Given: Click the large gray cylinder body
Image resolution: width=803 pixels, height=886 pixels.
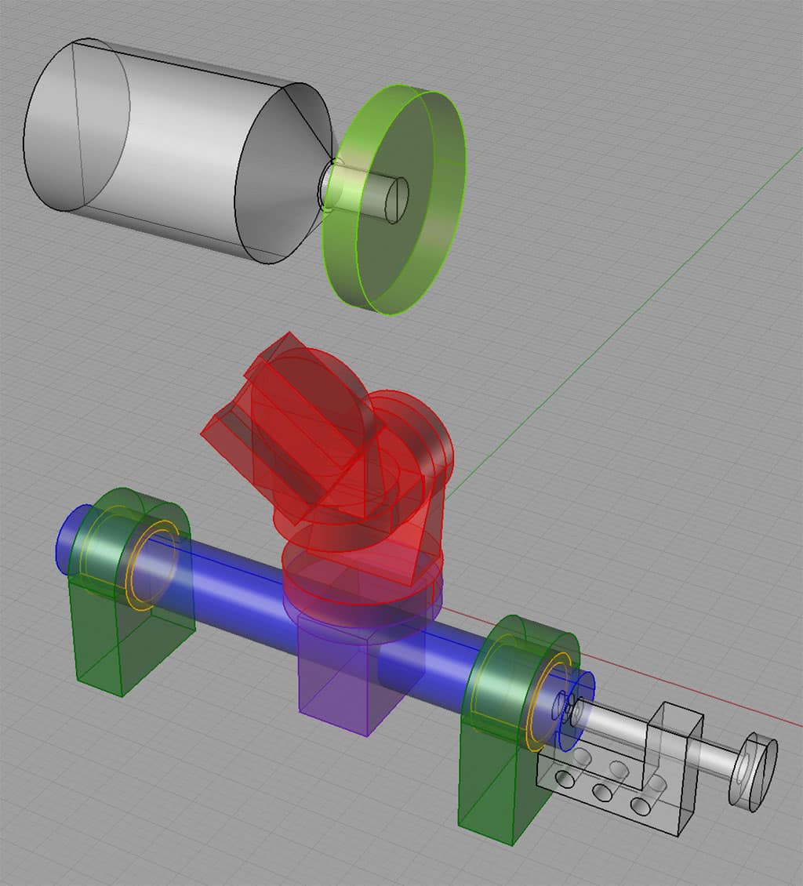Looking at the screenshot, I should click(180, 149).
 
